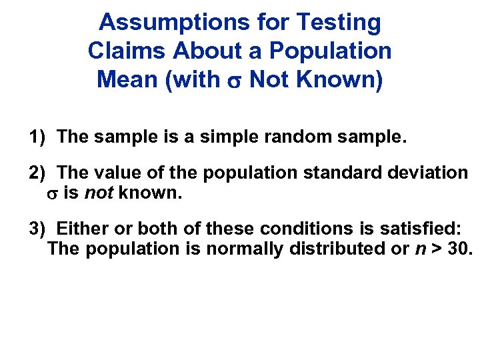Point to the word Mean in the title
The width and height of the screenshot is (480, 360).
[125, 79]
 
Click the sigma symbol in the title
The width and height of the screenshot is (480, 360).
[235, 81]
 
